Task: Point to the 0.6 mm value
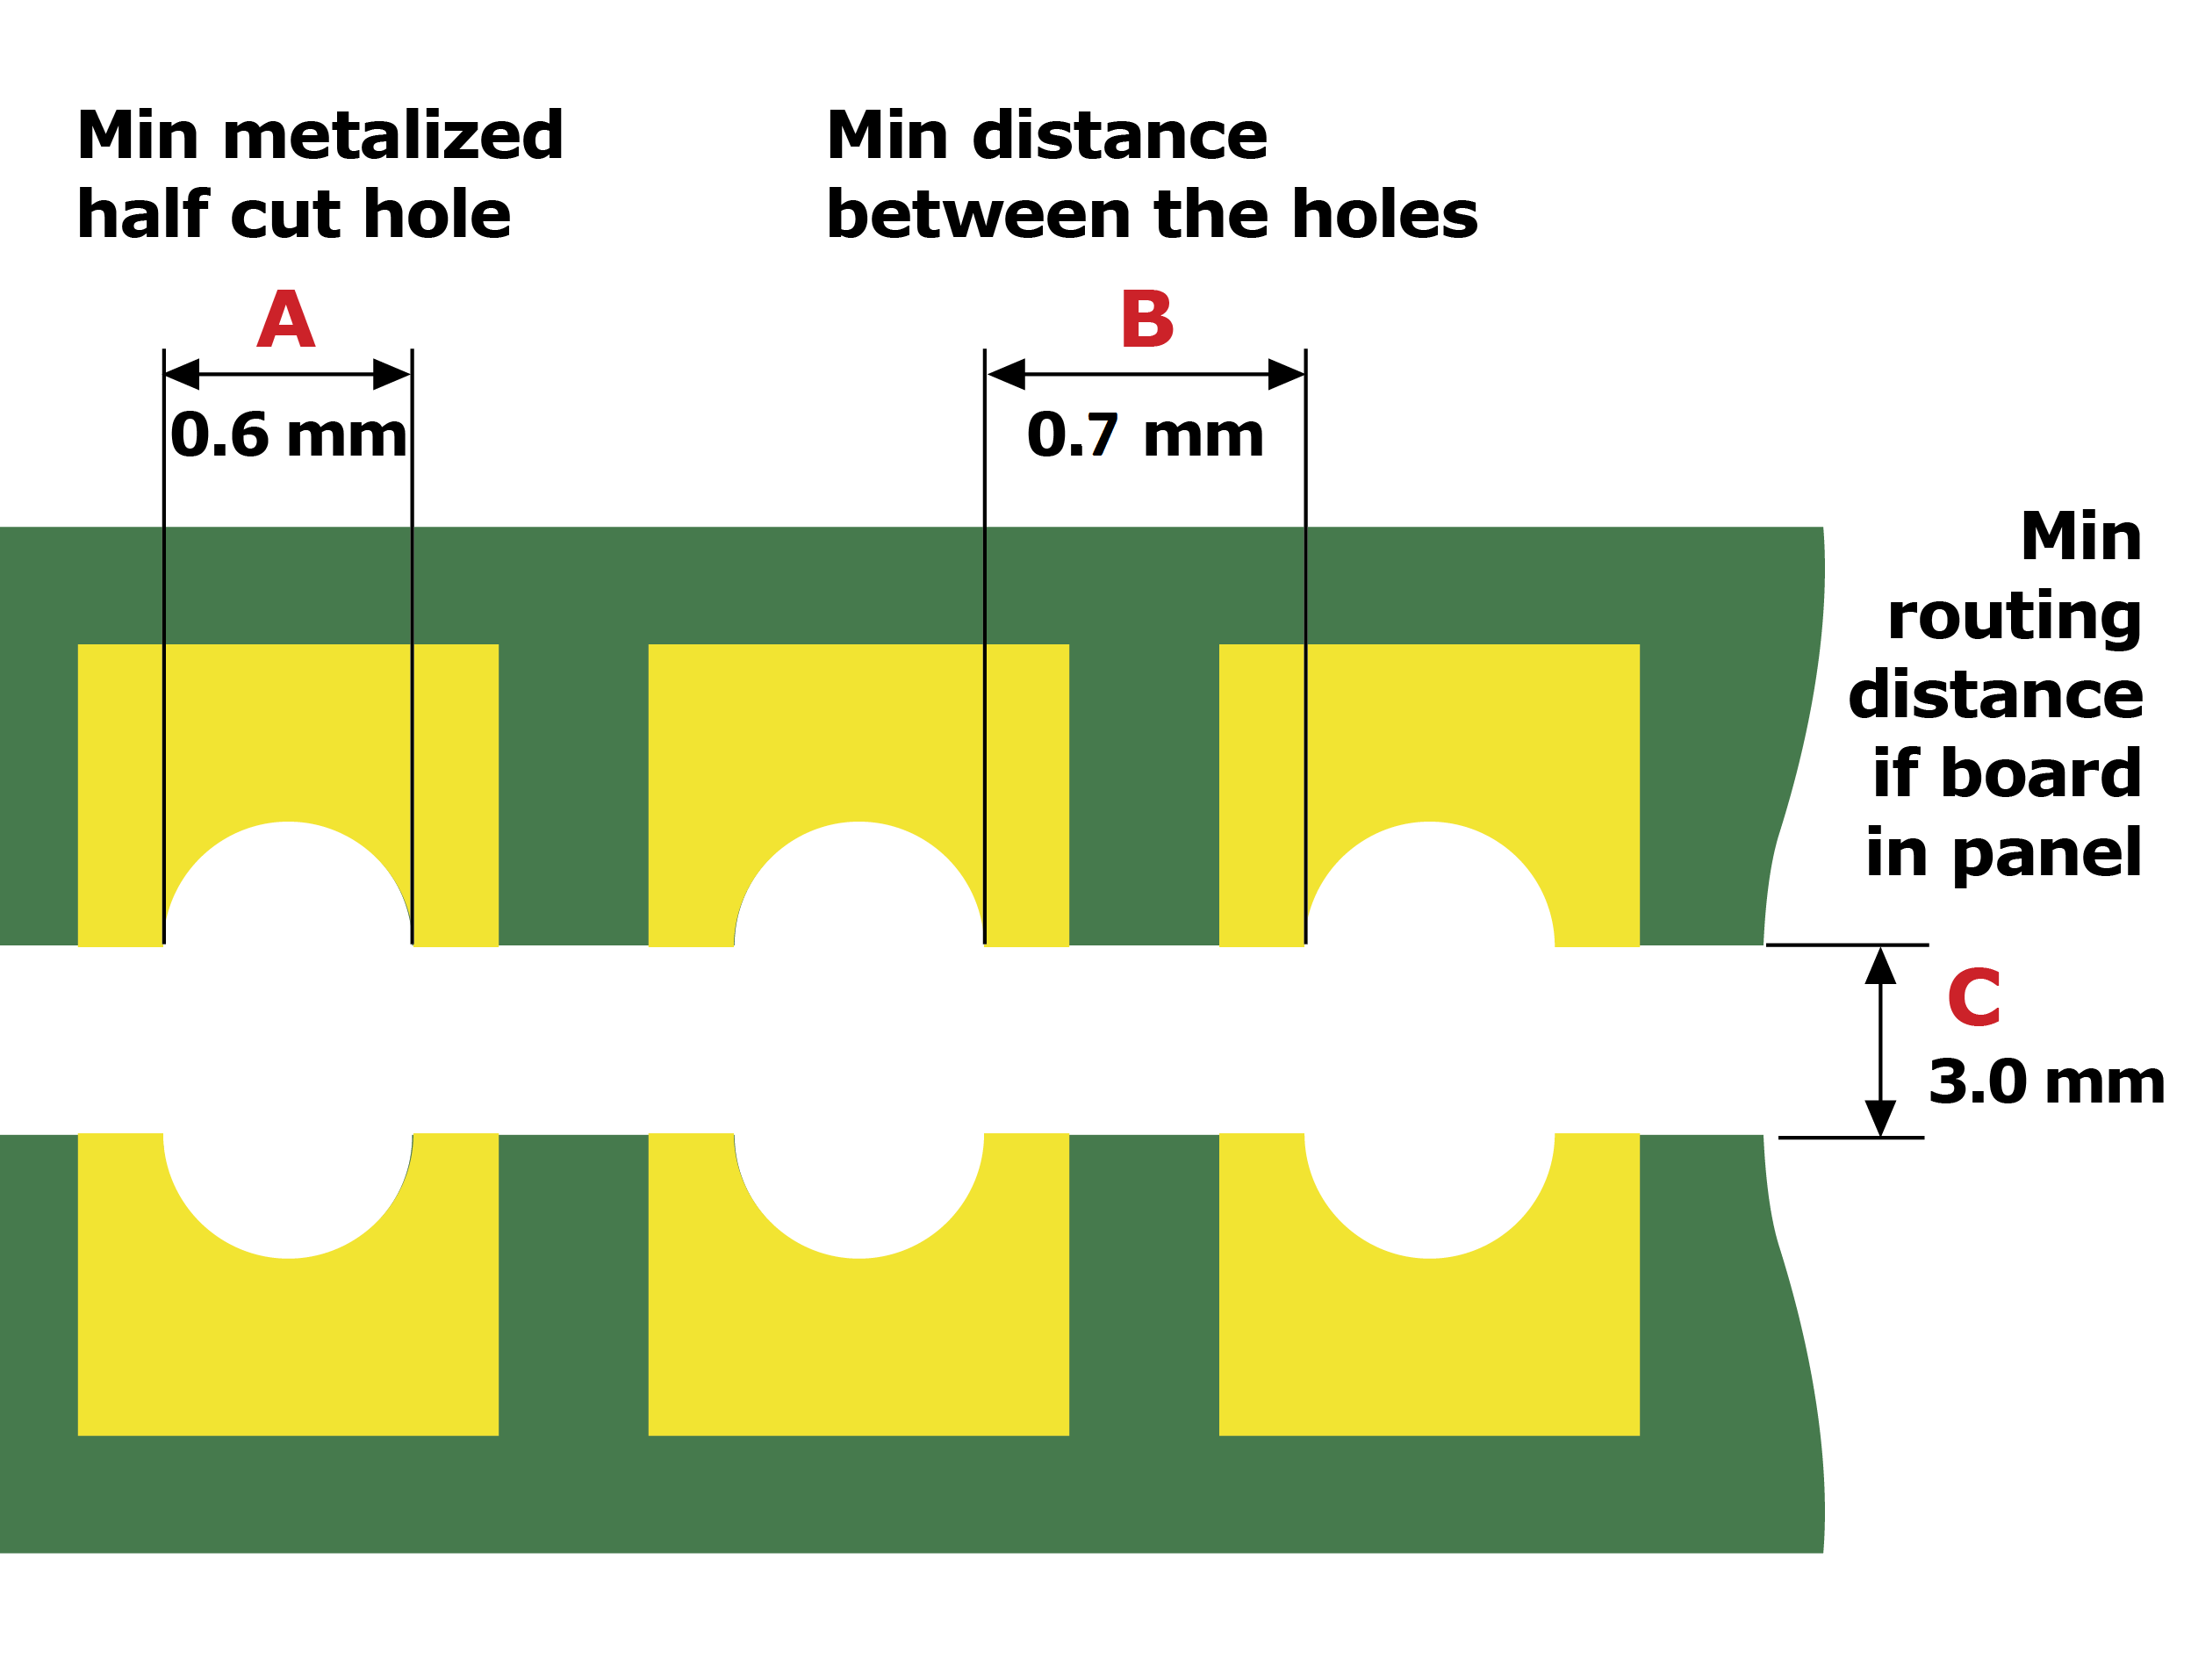(289, 435)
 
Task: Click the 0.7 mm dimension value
(1145, 435)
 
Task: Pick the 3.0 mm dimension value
(2045, 1082)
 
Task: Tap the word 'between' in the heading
(979, 215)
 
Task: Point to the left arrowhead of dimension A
(183, 375)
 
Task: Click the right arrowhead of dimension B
(1285, 375)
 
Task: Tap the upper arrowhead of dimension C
(1880, 966)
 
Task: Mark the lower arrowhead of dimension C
(1880, 1118)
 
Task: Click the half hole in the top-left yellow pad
(288, 887)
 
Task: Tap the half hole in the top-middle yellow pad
(858, 887)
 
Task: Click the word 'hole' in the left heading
(437, 215)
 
